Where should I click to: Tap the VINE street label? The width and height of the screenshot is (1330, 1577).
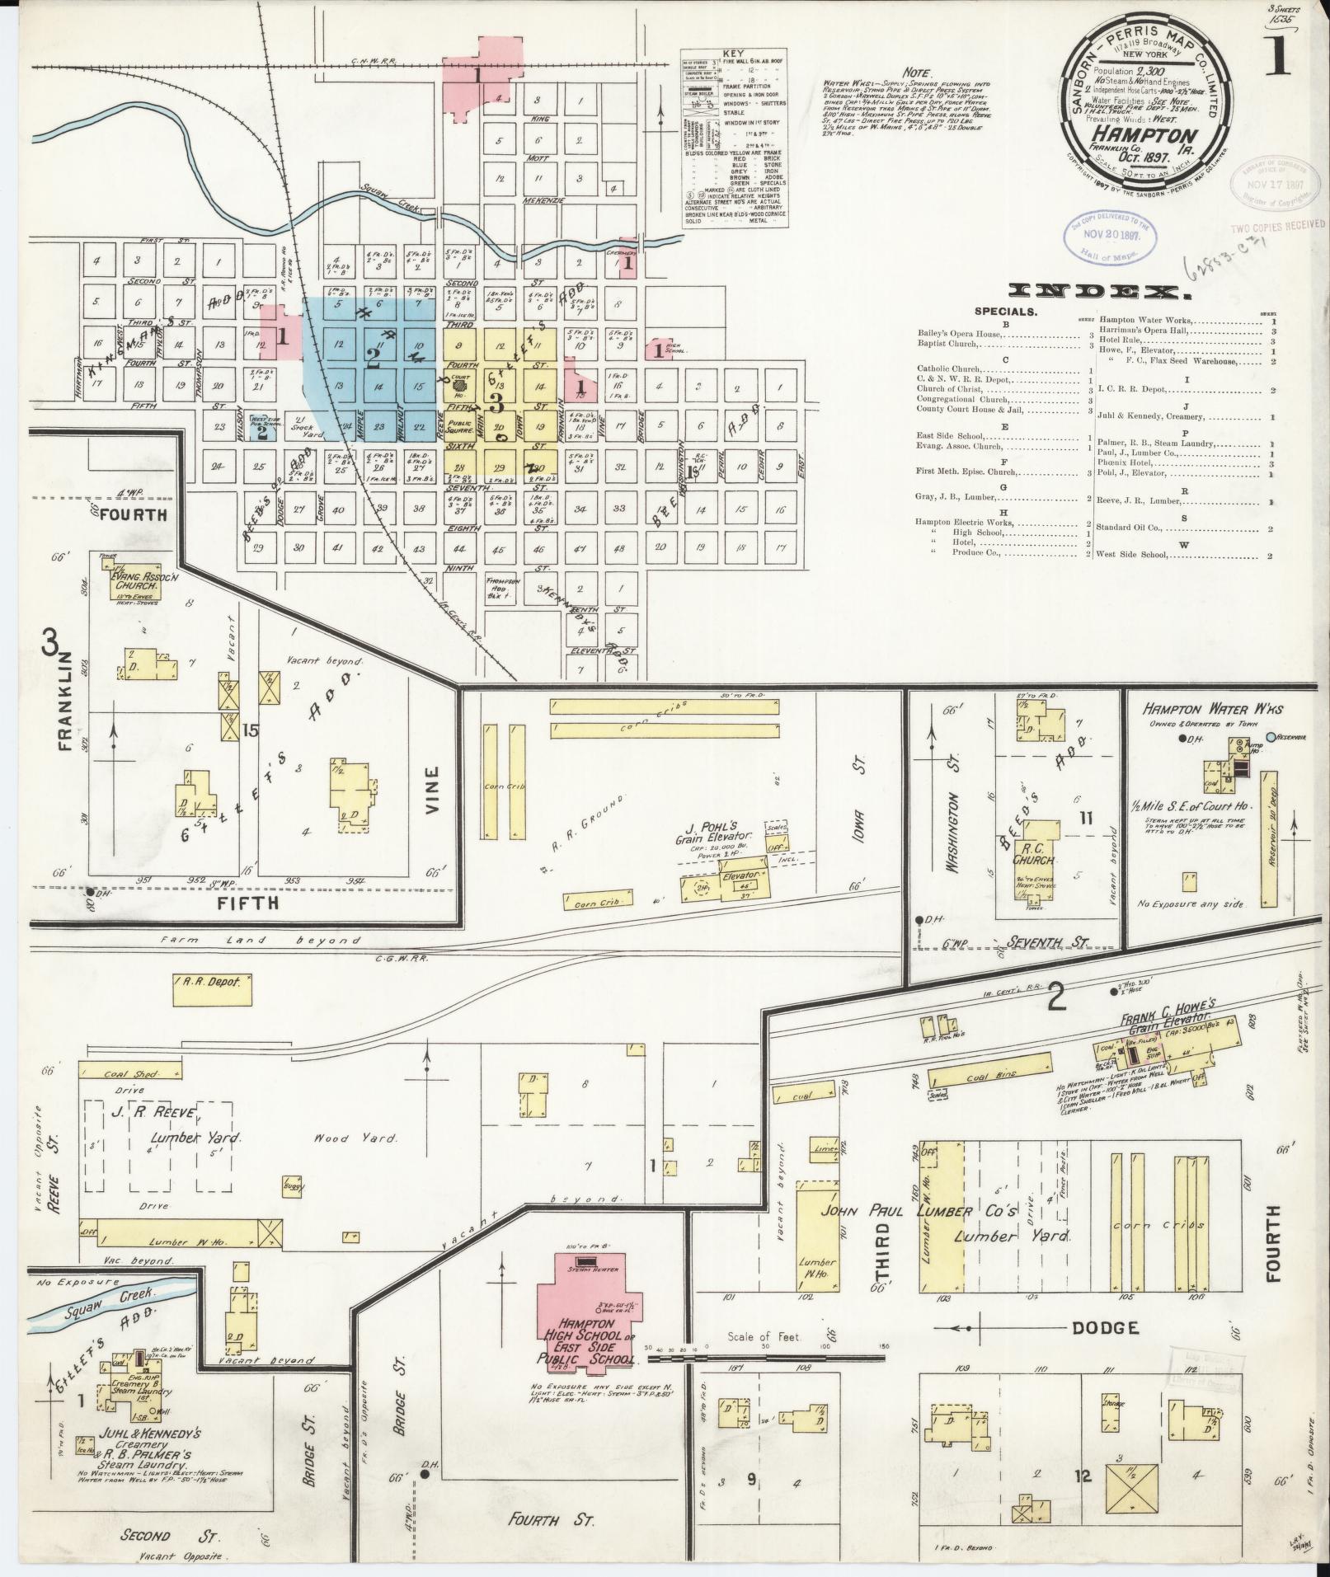(x=433, y=791)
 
